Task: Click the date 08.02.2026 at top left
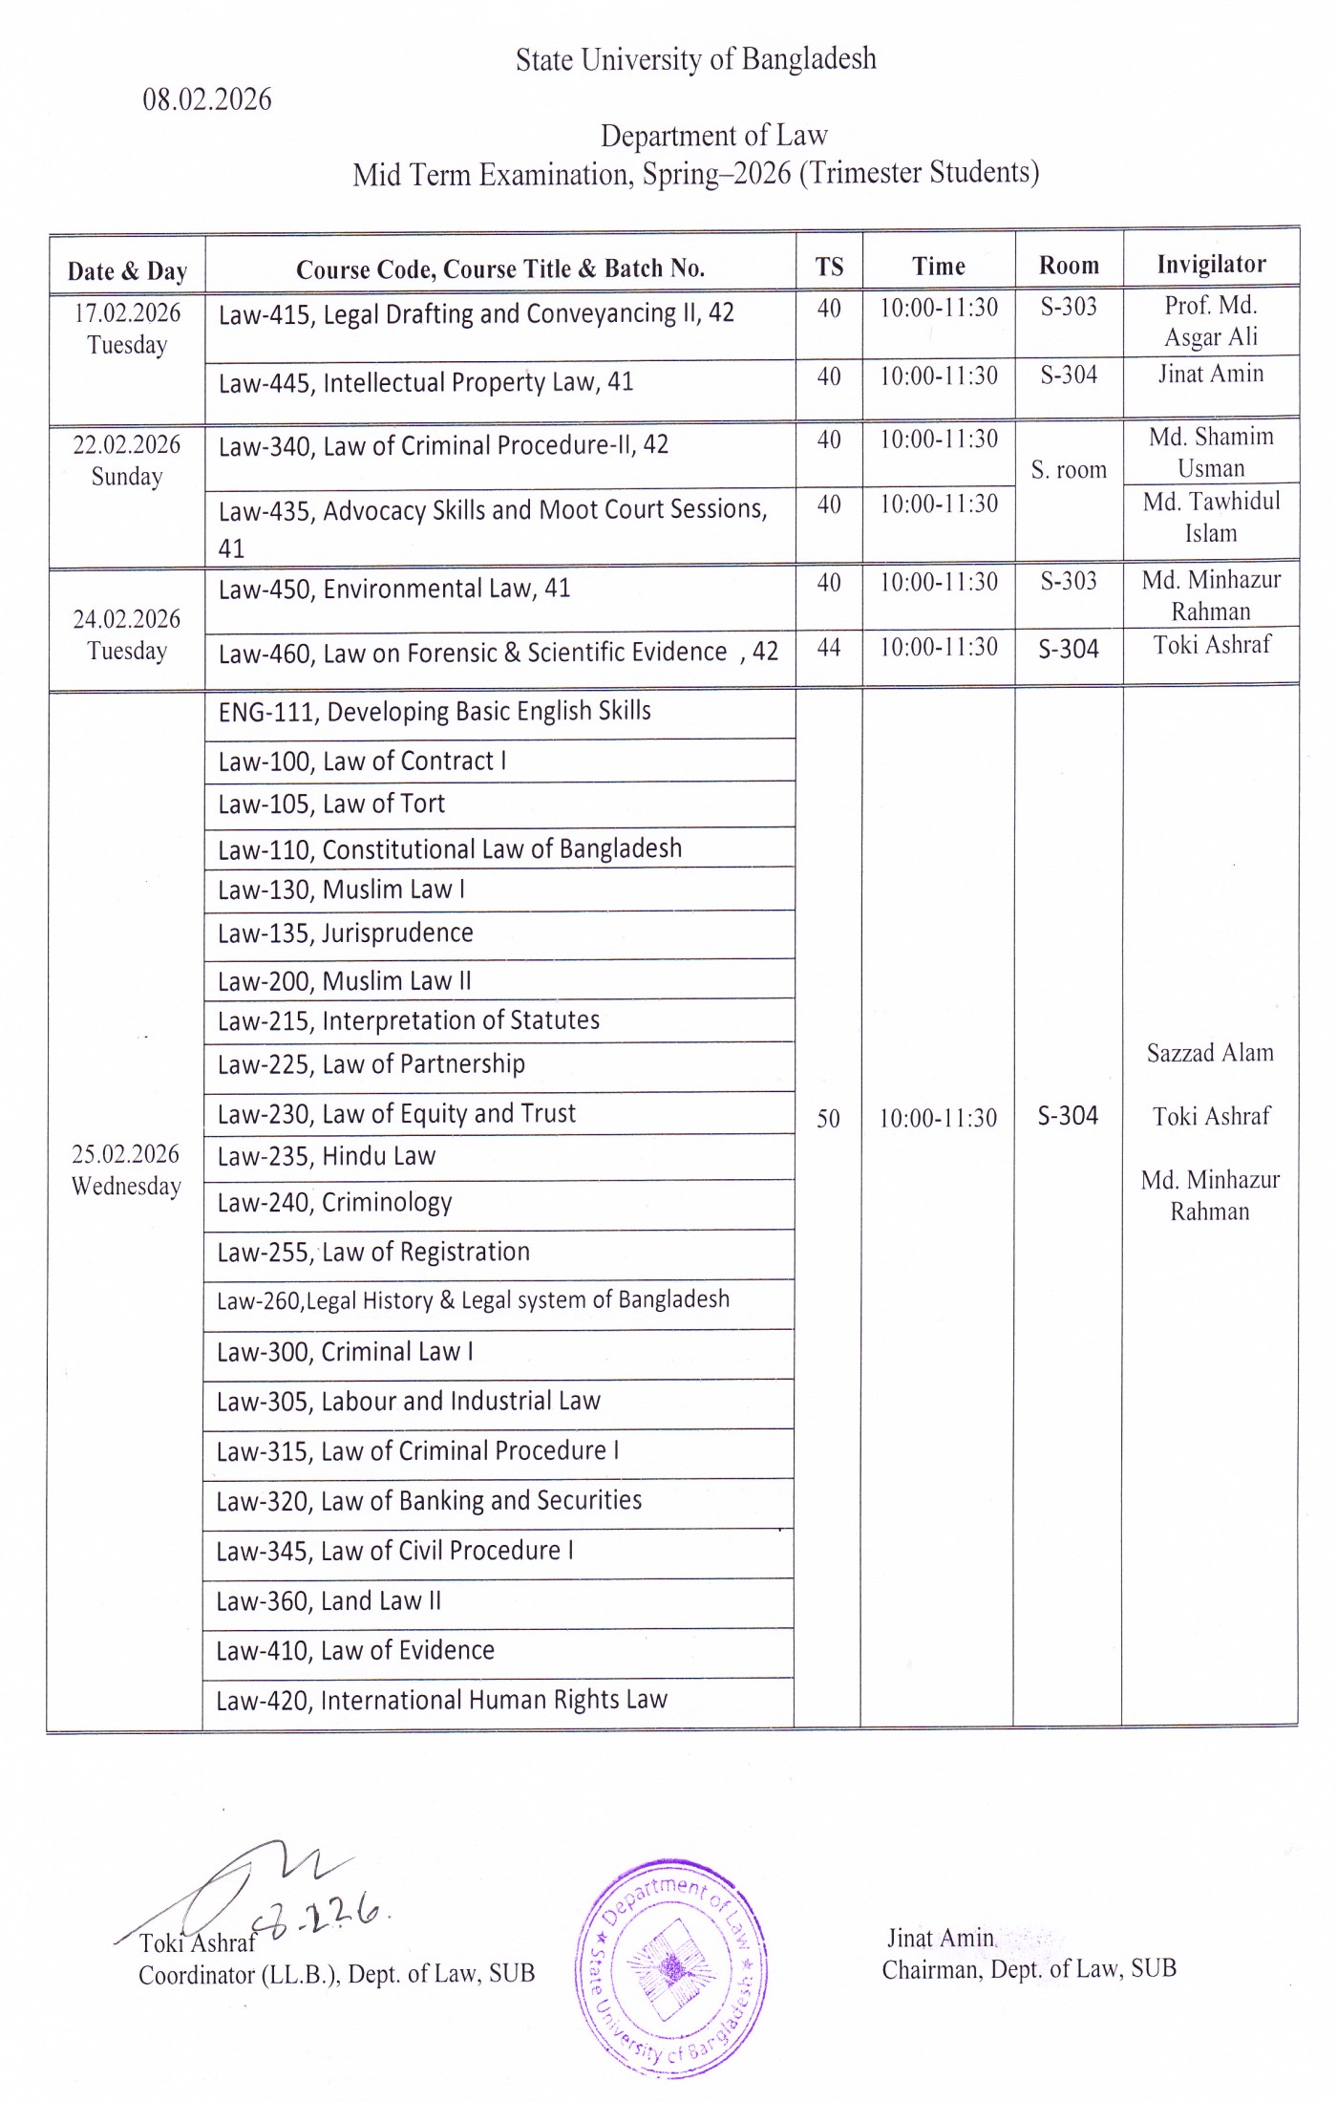click(207, 99)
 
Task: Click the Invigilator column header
click(1211, 264)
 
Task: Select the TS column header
click(829, 267)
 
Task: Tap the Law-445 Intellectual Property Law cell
click(426, 383)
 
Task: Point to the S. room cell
click(1069, 470)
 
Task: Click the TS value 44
click(829, 648)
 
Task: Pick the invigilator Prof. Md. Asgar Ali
click(1210, 321)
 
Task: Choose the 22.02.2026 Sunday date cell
click(127, 461)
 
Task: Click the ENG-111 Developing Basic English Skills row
click(435, 712)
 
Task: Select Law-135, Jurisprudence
click(345, 933)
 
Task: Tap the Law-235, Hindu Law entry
click(327, 1157)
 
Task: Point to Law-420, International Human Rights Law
click(441, 1701)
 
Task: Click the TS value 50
click(828, 1118)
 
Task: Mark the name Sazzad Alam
click(1210, 1053)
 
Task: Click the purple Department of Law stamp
click(671, 1967)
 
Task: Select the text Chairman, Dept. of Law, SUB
click(1029, 1969)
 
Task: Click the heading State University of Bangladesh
click(695, 59)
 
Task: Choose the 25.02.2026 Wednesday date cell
click(126, 1169)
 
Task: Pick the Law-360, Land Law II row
click(329, 1601)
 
